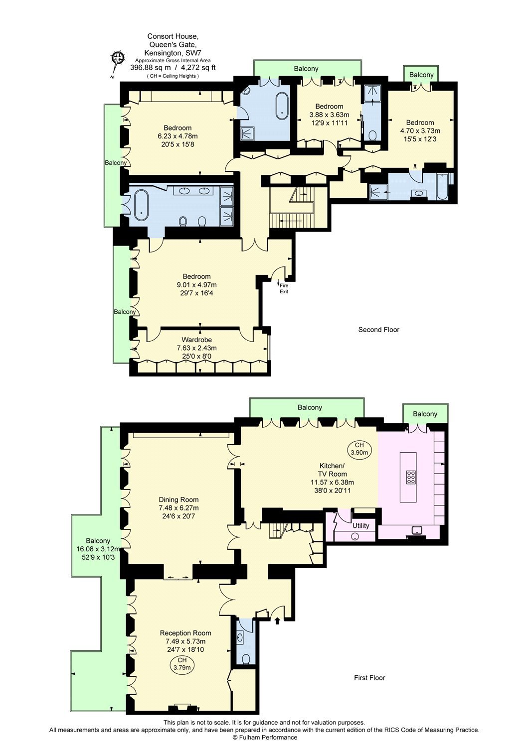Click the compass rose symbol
coord(118,62)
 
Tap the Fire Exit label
coord(284,288)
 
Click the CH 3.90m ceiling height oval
coord(359,449)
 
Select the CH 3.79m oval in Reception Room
coord(181,664)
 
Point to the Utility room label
coord(360,526)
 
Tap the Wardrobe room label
coord(197,340)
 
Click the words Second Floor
coord(379,330)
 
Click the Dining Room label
coord(178,499)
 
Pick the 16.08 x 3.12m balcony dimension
coord(98,549)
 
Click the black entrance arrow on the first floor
coord(277,621)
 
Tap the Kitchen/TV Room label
coord(332,470)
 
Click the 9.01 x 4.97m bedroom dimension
coord(197,285)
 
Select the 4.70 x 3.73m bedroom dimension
coord(420,130)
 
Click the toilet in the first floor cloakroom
coord(246,659)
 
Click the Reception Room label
coord(185,633)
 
